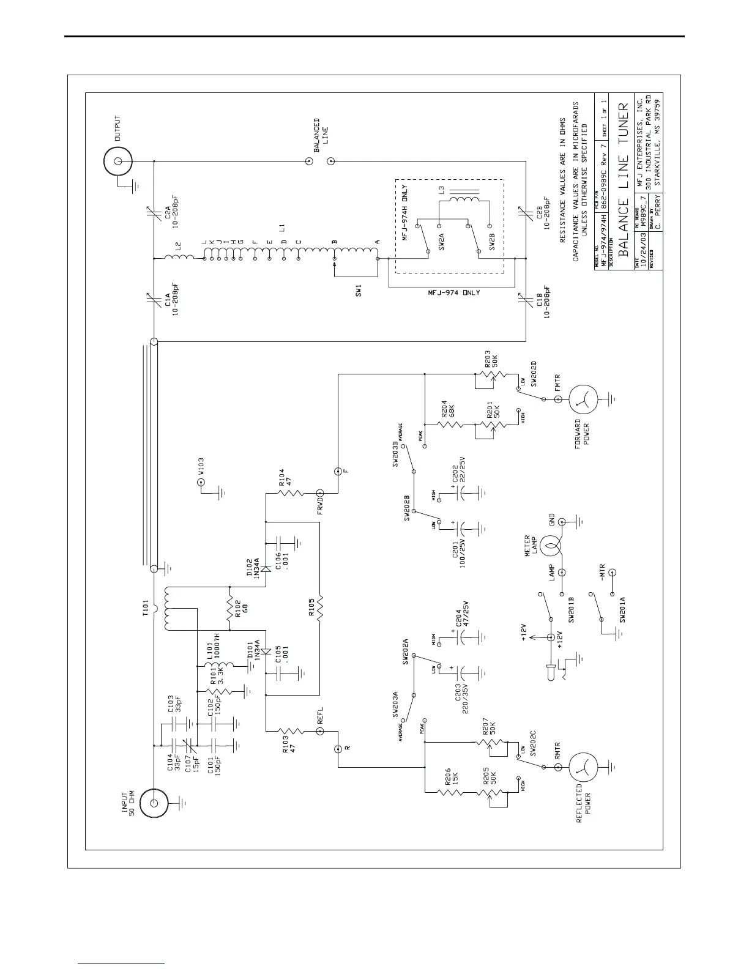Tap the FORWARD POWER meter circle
[x=584, y=399]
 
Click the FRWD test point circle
[x=319, y=493]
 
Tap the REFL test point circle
[x=319, y=730]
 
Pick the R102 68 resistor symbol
[x=229, y=609]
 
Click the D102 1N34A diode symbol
[x=266, y=568]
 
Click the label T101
[x=146, y=607]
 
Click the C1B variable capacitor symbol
[x=525, y=300]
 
